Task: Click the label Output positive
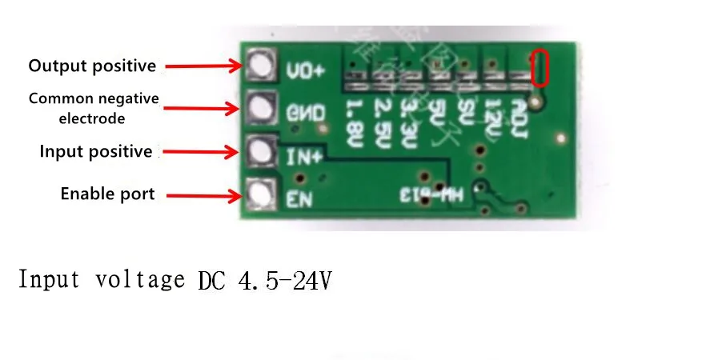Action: coord(92,66)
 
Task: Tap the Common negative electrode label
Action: coord(94,108)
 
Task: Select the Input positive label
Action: coord(95,151)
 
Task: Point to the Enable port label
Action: coord(107,194)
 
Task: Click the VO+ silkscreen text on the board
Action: coord(305,70)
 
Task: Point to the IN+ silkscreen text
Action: coord(303,156)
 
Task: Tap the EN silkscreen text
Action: coord(299,198)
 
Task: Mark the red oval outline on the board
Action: coord(540,68)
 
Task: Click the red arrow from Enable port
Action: coord(201,194)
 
